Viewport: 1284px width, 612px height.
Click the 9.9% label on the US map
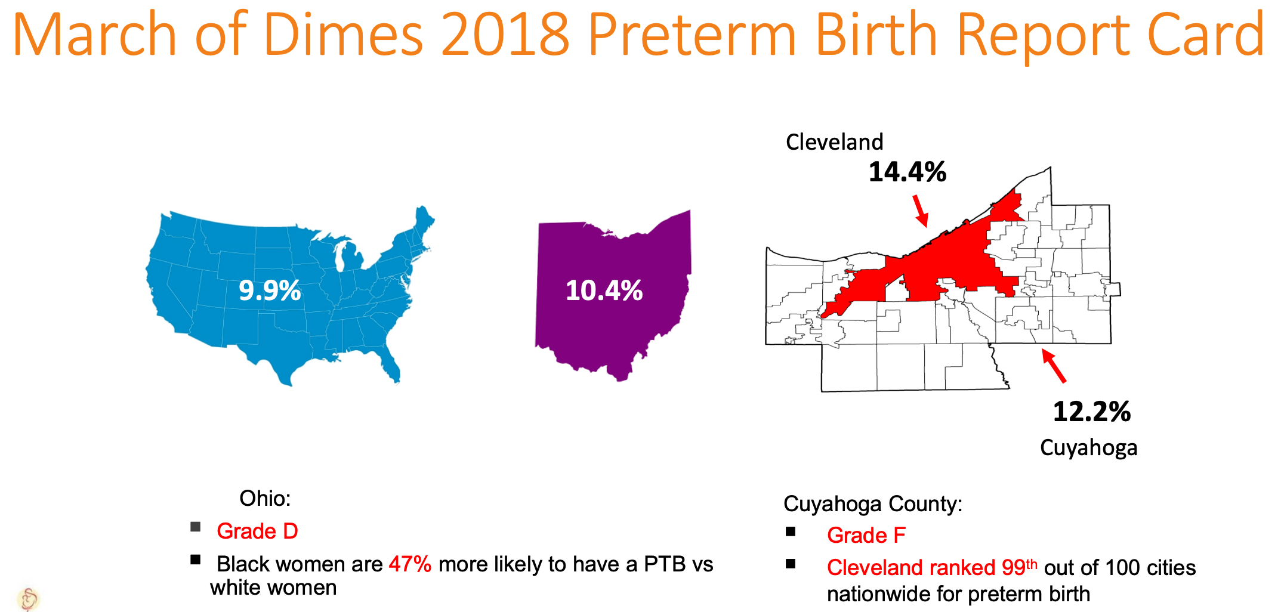pyautogui.click(x=270, y=290)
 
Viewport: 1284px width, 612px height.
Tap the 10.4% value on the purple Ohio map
pyautogui.click(x=604, y=290)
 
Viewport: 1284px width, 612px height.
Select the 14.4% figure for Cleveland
pyautogui.click(x=907, y=172)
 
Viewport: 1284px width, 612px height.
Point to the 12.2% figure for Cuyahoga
pyautogui.click(x=1091, y=412)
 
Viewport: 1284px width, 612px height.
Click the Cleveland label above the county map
pyautogui.click(x=834, y=142)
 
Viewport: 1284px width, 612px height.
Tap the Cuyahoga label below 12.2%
pyautogui.click(x=1088, y=447)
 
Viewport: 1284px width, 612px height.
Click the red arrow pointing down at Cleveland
pyautogui.click(x=921, y=211)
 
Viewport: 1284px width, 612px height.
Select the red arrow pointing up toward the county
pyautogui.click(x=1054, y=365)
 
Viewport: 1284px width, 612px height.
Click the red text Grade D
pyautogui.click(x=257, y=531)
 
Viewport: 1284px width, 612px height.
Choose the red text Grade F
pyautogui.click(x=866, y=535)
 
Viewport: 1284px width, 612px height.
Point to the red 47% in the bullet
pyautogui.click(x=410, y=564)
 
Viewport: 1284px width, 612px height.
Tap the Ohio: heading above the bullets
pyautogui.click(x=265, y=498)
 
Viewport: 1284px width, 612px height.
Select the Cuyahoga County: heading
pyautogui.click(x=873, y=503)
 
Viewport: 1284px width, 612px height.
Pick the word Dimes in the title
pyautogui.click(x=343, y=35)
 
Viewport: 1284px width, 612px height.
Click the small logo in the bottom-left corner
pyautogui.click(x=28, y=598)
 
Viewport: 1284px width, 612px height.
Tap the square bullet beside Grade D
pyautogui.click(x=196, y=527)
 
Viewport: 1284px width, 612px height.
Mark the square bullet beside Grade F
pyautogui.click(x=791, y=531)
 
